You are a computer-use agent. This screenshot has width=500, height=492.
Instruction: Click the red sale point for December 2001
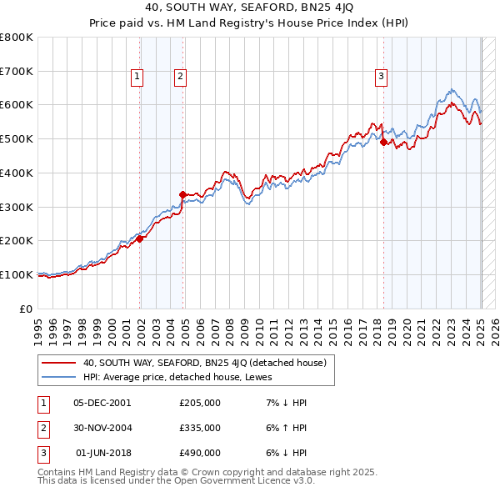(x=140, y=238)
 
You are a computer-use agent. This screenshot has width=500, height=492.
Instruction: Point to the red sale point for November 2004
(x=182, y=194)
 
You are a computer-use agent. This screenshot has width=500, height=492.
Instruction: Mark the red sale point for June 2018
(x=383, y=142)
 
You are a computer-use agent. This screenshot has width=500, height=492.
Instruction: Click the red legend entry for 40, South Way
(x=208, y=363)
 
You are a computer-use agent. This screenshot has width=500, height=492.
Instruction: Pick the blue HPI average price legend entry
(x=183, y=376)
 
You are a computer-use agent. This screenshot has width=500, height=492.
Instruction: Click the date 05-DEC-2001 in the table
(x=102, y=402)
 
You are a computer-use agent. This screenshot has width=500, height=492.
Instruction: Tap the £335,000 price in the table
(x=200, y=428)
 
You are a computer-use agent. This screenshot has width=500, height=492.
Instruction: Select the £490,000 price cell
(x=200, y=454)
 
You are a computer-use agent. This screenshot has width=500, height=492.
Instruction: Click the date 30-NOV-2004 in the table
(x=102, y=428)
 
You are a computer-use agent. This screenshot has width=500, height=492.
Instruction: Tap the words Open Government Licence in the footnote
(x=237, y=481)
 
